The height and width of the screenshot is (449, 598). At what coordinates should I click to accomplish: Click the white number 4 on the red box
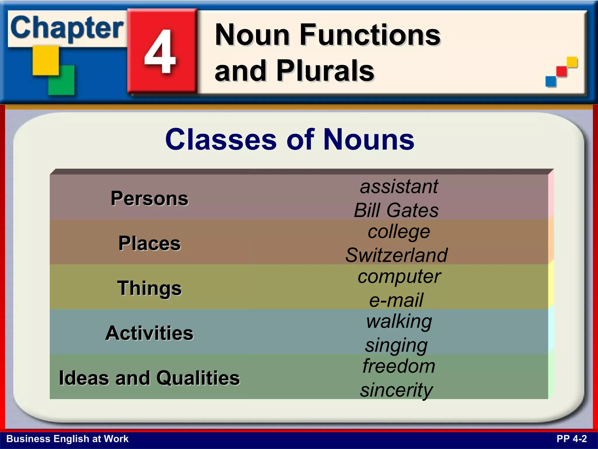tap(160, 52)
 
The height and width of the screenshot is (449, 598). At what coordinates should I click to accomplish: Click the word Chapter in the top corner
tap(67, 28)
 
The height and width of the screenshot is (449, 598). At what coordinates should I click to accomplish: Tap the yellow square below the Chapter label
tap(46, 61)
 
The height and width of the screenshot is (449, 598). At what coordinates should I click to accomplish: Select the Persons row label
tap(149, 198)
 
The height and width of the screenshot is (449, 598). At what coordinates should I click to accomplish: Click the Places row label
tap(149, 243)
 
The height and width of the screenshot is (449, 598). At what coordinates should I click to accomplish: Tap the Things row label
tap(149, 288)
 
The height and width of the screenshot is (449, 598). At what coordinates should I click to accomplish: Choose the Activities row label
tap(149, 333)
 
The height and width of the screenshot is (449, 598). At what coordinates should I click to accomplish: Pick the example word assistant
tap(399, 186)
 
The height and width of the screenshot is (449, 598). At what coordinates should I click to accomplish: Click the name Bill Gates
tap(396, 210)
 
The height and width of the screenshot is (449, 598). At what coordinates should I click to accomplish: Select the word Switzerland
tap(396, 255)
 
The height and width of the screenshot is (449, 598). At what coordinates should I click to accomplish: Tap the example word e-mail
tap(396, 300)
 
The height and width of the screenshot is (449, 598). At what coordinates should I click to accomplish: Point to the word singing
tap(396, 345)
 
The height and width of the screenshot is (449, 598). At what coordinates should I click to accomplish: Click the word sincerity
tap(396, 390)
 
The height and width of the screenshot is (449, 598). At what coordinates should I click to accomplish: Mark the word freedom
tap(399, 366)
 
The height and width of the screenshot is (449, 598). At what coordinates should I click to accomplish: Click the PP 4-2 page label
tap(571, 439)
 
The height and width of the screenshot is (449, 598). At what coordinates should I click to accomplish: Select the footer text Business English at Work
tap(67, 439)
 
